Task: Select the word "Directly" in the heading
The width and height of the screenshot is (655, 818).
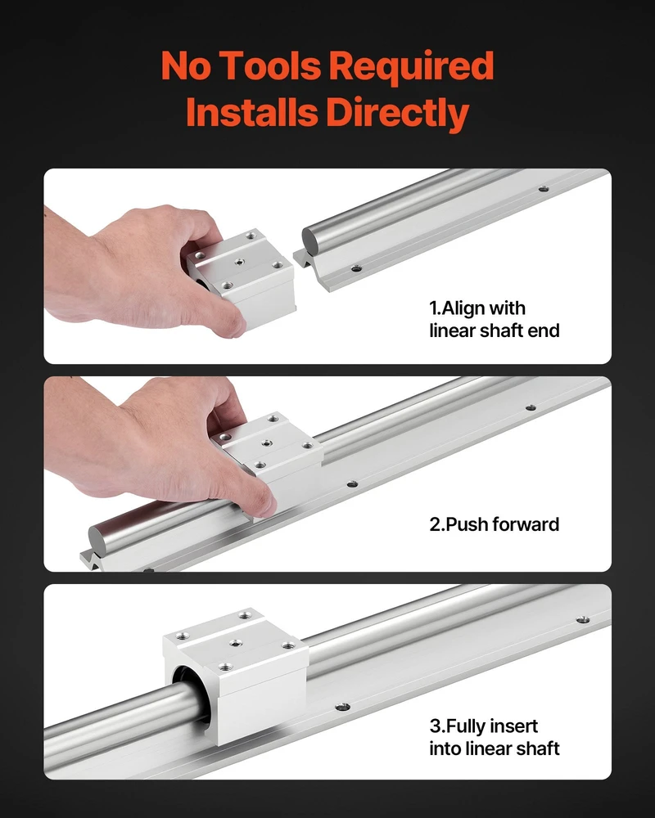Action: click(397, 113)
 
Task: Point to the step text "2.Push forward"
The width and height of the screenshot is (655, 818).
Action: click(495, 524)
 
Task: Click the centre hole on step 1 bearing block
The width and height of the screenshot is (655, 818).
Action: click(239, 261)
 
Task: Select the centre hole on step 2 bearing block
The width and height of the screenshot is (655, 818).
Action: click(267, 443)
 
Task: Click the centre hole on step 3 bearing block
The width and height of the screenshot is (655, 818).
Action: click(236, 643)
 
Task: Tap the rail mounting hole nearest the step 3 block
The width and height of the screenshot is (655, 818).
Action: click(343, 707)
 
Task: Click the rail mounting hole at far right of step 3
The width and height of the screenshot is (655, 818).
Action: click(583, 620)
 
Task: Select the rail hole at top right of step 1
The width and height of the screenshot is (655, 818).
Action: click(544, 188)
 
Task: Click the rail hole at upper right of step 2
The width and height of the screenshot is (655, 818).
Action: click(531, 407)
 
